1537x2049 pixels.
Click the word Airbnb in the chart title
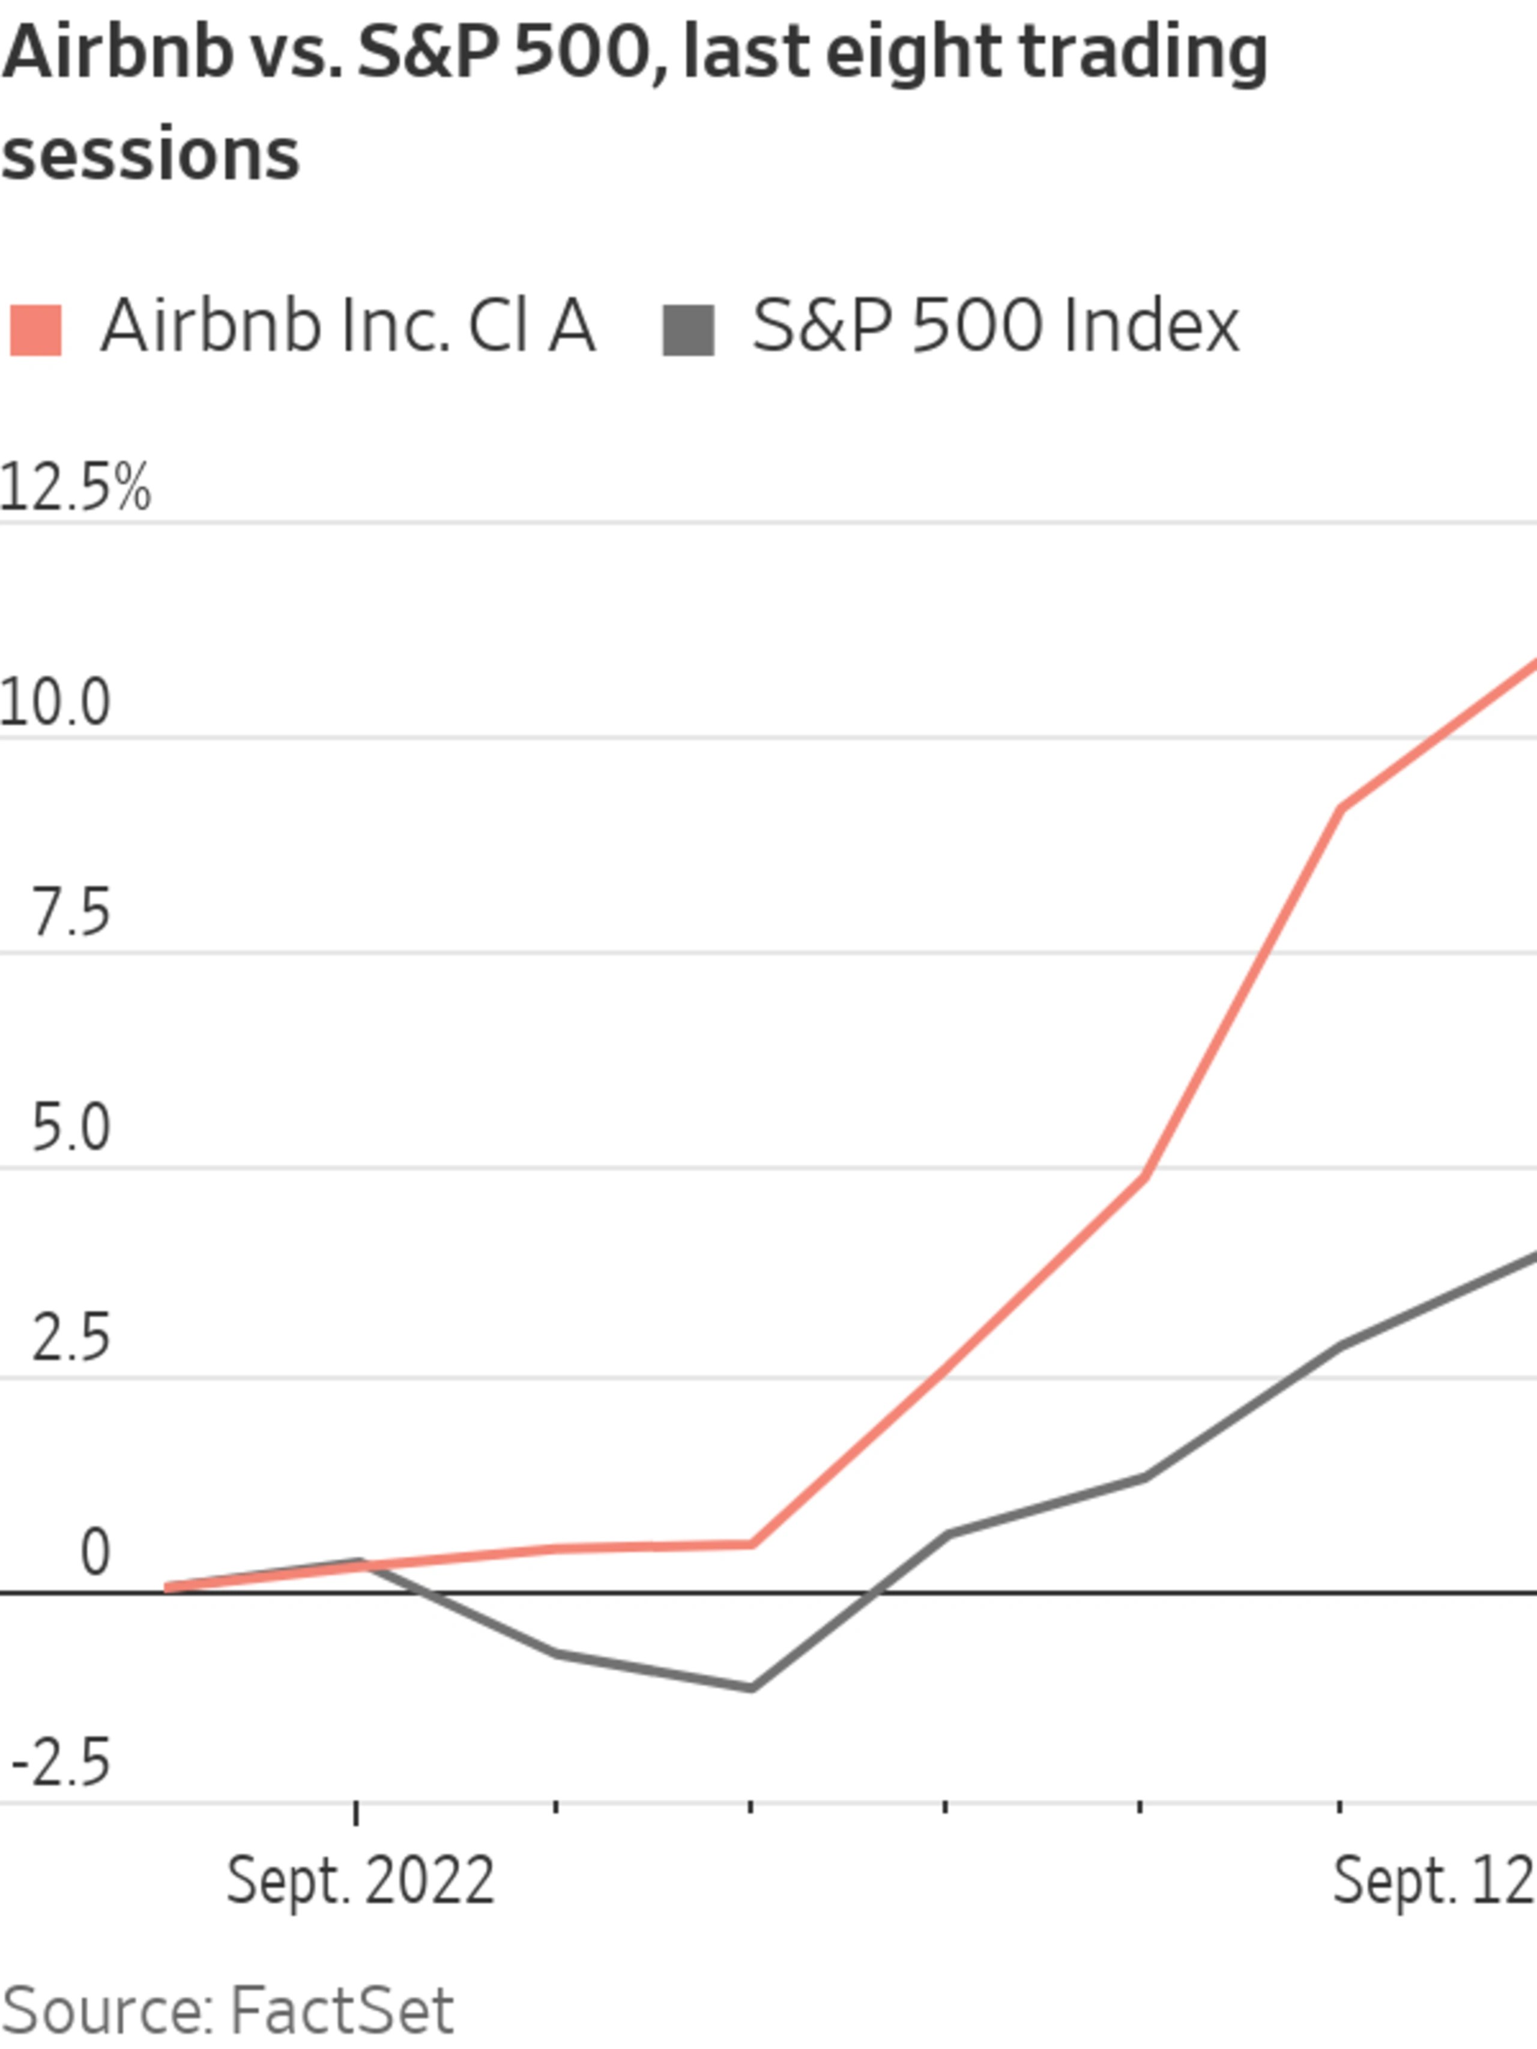tap(116, 53)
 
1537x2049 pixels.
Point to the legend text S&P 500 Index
tap(995, 326)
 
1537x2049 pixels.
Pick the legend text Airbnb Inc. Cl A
tap(348, 326)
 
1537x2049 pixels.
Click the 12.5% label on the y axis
tap(74, 488)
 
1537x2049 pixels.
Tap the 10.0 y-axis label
tap(56, 702)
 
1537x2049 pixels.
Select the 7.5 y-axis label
tap(70, 913)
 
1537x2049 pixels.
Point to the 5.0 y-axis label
tap(70, 1128)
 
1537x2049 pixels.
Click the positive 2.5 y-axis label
tap(70, 1339)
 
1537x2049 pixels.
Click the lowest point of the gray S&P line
tap(750, 1688)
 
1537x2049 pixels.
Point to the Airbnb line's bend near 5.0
tap(1145, 1177)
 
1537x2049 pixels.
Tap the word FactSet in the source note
tap(341, 2012)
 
